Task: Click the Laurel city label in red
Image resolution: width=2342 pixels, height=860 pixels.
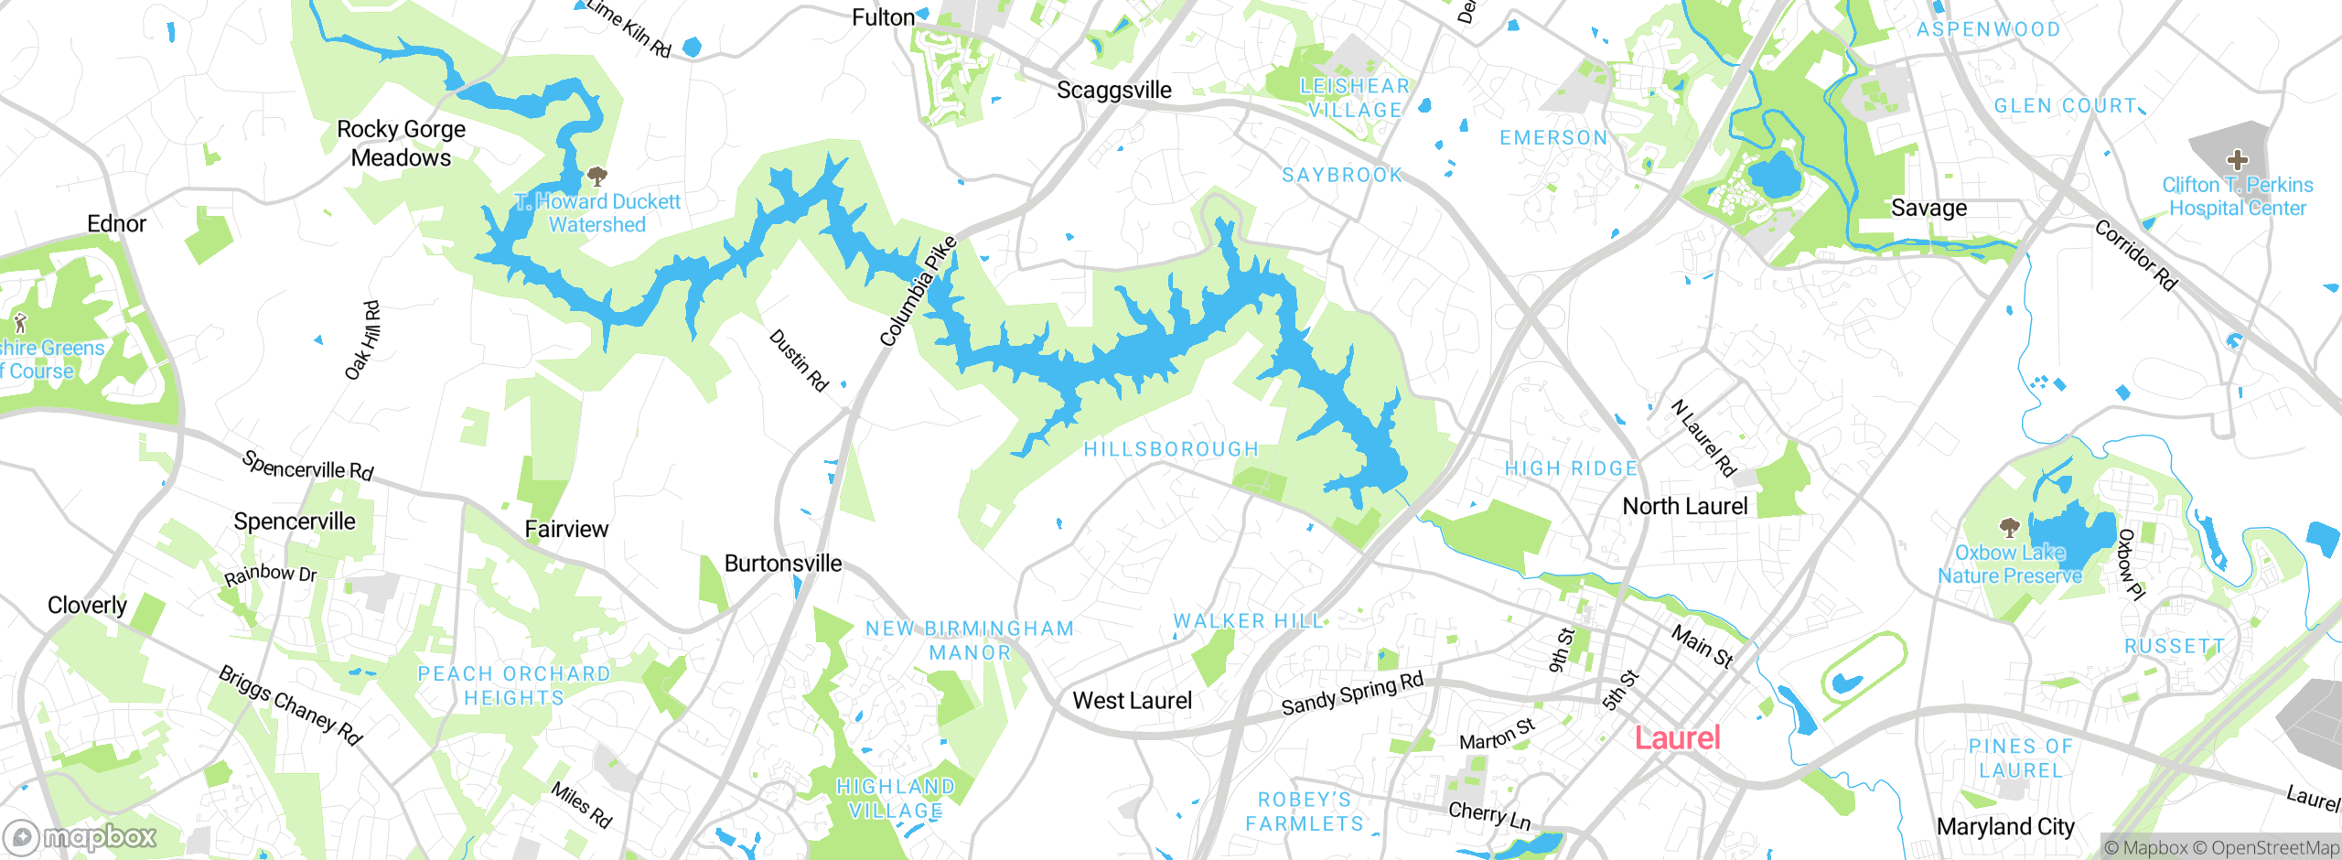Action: [x=1677, y=737]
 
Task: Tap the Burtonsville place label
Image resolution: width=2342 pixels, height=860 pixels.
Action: [x=782, y=564]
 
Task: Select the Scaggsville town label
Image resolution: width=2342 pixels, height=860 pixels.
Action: [x=1113, y=90]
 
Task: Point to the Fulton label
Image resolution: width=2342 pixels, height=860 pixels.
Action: [x=883, y=17]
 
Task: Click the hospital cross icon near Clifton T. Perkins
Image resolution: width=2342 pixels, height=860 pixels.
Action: [x=2237, y=160]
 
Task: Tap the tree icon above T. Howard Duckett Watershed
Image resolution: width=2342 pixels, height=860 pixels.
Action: [x=597, y=175]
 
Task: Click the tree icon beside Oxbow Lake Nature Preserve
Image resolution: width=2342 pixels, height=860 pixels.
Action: [x=2009, y=527]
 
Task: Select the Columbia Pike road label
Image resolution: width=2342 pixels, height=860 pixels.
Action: [x=918, y=291]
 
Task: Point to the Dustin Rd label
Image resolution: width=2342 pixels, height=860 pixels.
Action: [x=799, y=360]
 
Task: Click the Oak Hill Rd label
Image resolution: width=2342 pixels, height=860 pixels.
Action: [x=362, y=340]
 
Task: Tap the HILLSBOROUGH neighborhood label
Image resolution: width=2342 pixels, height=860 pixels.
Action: [x=1171, y=449]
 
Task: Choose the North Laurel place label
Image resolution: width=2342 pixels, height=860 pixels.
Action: [x=1684, y=506]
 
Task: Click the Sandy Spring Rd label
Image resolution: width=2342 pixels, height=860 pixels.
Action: [x=1352, y=693]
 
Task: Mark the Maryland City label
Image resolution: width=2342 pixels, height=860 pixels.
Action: [x=2005, y=826]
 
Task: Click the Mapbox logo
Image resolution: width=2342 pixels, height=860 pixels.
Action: [x=81, y=836]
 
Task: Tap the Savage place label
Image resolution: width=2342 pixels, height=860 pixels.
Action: [x=1928, y=208]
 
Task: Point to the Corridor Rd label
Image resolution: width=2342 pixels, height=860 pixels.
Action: [x=2135, y=255]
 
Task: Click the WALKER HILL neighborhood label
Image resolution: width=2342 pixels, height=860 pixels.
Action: [x=1248, y=621]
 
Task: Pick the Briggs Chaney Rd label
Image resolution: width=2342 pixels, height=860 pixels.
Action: [x=290, y=705]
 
